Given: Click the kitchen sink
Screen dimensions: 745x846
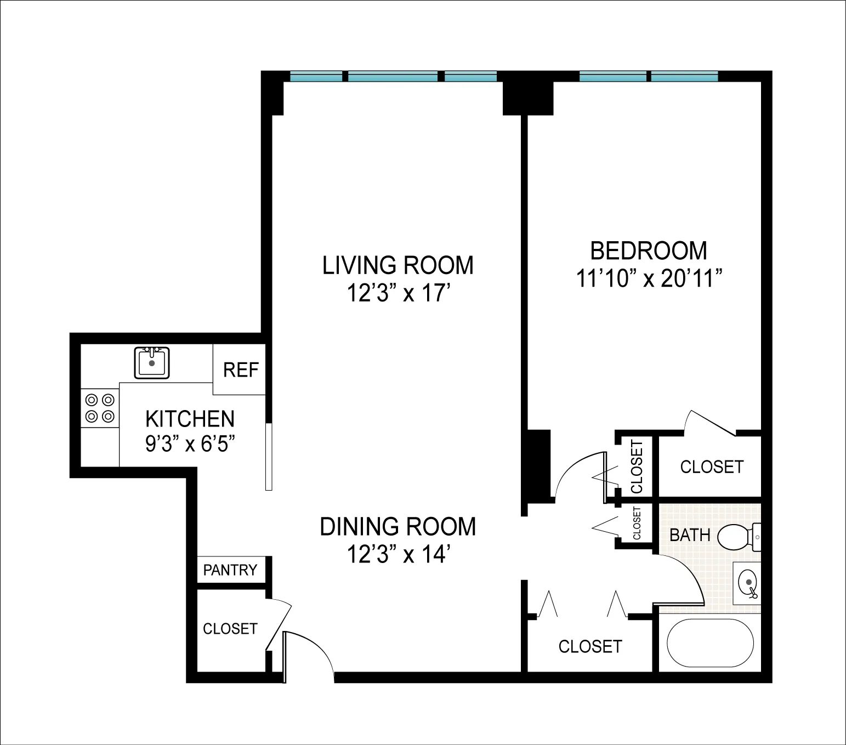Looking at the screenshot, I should [x=152, y=362].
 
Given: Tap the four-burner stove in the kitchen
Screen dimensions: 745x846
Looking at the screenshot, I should [x=100, y=408].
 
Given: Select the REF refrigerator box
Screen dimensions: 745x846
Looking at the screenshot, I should [x=240, y=370].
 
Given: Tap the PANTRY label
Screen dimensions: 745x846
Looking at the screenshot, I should [x=230, y=570].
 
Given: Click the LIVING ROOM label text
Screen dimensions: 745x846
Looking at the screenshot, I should [x=398, y=265].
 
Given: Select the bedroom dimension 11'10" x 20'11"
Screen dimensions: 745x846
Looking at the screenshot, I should [x=648, y=280].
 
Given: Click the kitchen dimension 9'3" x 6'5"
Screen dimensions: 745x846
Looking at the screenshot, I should [x=190, y=443].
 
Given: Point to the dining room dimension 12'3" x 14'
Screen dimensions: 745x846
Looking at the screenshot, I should [x=398, y=555].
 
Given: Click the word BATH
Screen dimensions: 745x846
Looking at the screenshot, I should [x=690, y=535].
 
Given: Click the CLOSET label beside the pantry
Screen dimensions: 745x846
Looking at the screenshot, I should [x=230, y=629].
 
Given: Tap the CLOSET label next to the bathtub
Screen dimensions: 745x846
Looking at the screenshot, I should [x=590, y=646].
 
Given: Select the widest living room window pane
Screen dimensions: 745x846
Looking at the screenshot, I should [x=393, y=77].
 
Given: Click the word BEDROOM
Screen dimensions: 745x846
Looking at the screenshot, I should [x=648, y=251].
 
